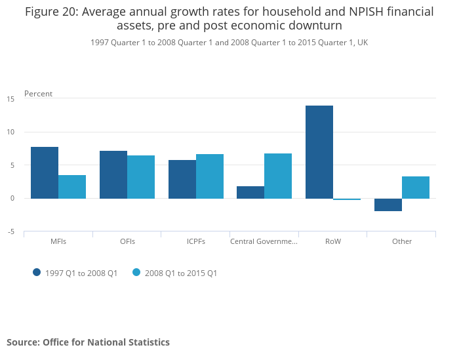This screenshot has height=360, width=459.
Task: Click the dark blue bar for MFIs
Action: pyautogui.click(x=45, y=172)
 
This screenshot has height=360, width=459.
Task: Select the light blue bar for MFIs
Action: pyautogui.click(x=72, y=187)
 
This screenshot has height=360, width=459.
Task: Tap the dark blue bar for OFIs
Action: pyautogui.click(x=113, y=174)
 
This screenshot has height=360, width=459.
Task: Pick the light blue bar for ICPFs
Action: pyautogui.click(x=210, y=176)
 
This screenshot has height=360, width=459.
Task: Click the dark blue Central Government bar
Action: pyautogui.click(x=250, y=192)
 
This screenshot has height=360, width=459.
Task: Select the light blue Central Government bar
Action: pyautogui.click(x=278, y=176)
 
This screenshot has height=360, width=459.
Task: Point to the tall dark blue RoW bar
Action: pyautogui.click(x=319, y=152)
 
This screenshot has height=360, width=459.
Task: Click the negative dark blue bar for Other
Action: pyautogui.click(x=388, y=205)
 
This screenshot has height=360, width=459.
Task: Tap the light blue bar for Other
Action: pyautogui.click(x=416, y=188)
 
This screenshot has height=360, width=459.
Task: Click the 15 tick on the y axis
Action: pyautogui.click(x=10, y=99)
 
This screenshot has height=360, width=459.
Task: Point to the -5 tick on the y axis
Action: pyautogui.click(x=10, y=231)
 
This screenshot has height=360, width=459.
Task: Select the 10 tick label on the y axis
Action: pyautogui.click(x=10, y=132)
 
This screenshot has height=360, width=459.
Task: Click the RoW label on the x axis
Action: pyautogui.click(x=333, y=241)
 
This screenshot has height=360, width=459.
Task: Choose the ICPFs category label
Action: pyautogui.click(x=196, y=241)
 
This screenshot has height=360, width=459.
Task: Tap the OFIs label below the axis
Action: pyautogui.click(x=127, y=241)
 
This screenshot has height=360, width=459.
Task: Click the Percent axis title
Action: pyautogui.click(x=38, y=94)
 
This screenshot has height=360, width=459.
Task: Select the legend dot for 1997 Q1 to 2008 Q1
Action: pyautogui.click(x=37, y=273)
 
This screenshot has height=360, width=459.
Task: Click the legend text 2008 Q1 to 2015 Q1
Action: pyautogui.click(x=182, y=273)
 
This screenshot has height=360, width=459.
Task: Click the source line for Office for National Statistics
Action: pyautogui.click(x=88, y=342)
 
